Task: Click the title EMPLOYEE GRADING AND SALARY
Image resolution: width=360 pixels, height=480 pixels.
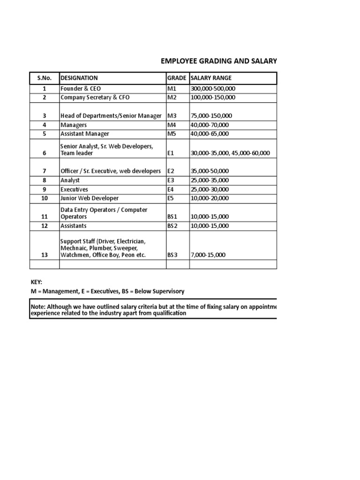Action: click(x=219, y=61)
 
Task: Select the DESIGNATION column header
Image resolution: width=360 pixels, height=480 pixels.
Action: click(x=79, y=78)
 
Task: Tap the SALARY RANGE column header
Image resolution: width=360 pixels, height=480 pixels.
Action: click(x=210, y=78)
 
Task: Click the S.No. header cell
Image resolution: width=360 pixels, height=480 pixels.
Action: click(x=45, y=78)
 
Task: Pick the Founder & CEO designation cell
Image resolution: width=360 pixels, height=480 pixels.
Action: click(x=81, y=89)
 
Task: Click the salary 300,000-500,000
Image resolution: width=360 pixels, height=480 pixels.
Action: click(x=213, y=89)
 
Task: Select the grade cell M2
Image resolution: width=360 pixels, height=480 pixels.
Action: click(x=172, y=97)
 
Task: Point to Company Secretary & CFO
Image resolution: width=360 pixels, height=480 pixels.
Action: click(x=95, y=97)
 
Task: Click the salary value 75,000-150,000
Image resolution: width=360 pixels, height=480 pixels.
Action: click(x=211, y=116)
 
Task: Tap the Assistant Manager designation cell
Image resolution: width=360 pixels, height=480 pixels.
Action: click(x=85, y=134)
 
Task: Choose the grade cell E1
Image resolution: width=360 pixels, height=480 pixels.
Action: click(x=171, y=153)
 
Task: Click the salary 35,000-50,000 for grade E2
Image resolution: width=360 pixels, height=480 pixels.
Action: click(x=210, y=171)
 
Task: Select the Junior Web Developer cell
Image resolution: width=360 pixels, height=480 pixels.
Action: click(x=90, y=198)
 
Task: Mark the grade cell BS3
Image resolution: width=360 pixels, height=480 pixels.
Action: click(x=172, y=255)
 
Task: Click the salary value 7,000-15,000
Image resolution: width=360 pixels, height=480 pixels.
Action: click(x=208, y=255)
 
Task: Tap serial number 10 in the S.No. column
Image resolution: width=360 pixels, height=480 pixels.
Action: click(x=45, y=198)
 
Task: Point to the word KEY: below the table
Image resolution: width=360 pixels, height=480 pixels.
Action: click(x=37, y=282)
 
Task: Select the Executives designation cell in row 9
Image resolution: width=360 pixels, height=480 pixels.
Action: click(x=74, y=189)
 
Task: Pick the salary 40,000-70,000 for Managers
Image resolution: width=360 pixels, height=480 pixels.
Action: click(x=210, y=125)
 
